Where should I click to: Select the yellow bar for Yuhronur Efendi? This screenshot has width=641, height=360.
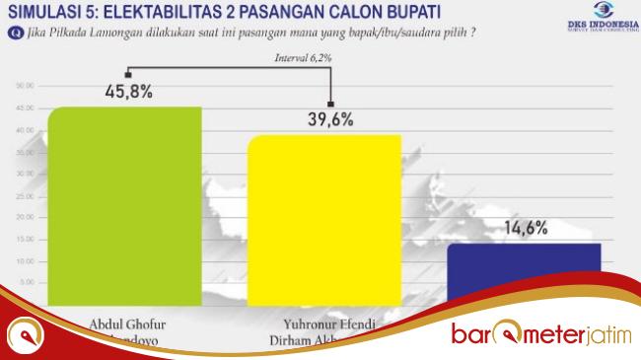point(324,217)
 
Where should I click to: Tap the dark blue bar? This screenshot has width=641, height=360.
point(524,266)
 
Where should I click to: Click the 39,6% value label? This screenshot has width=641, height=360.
point(329,121)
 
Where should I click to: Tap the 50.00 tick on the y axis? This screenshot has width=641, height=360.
point(27,86)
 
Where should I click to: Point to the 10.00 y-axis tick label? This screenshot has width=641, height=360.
point(27,261)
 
